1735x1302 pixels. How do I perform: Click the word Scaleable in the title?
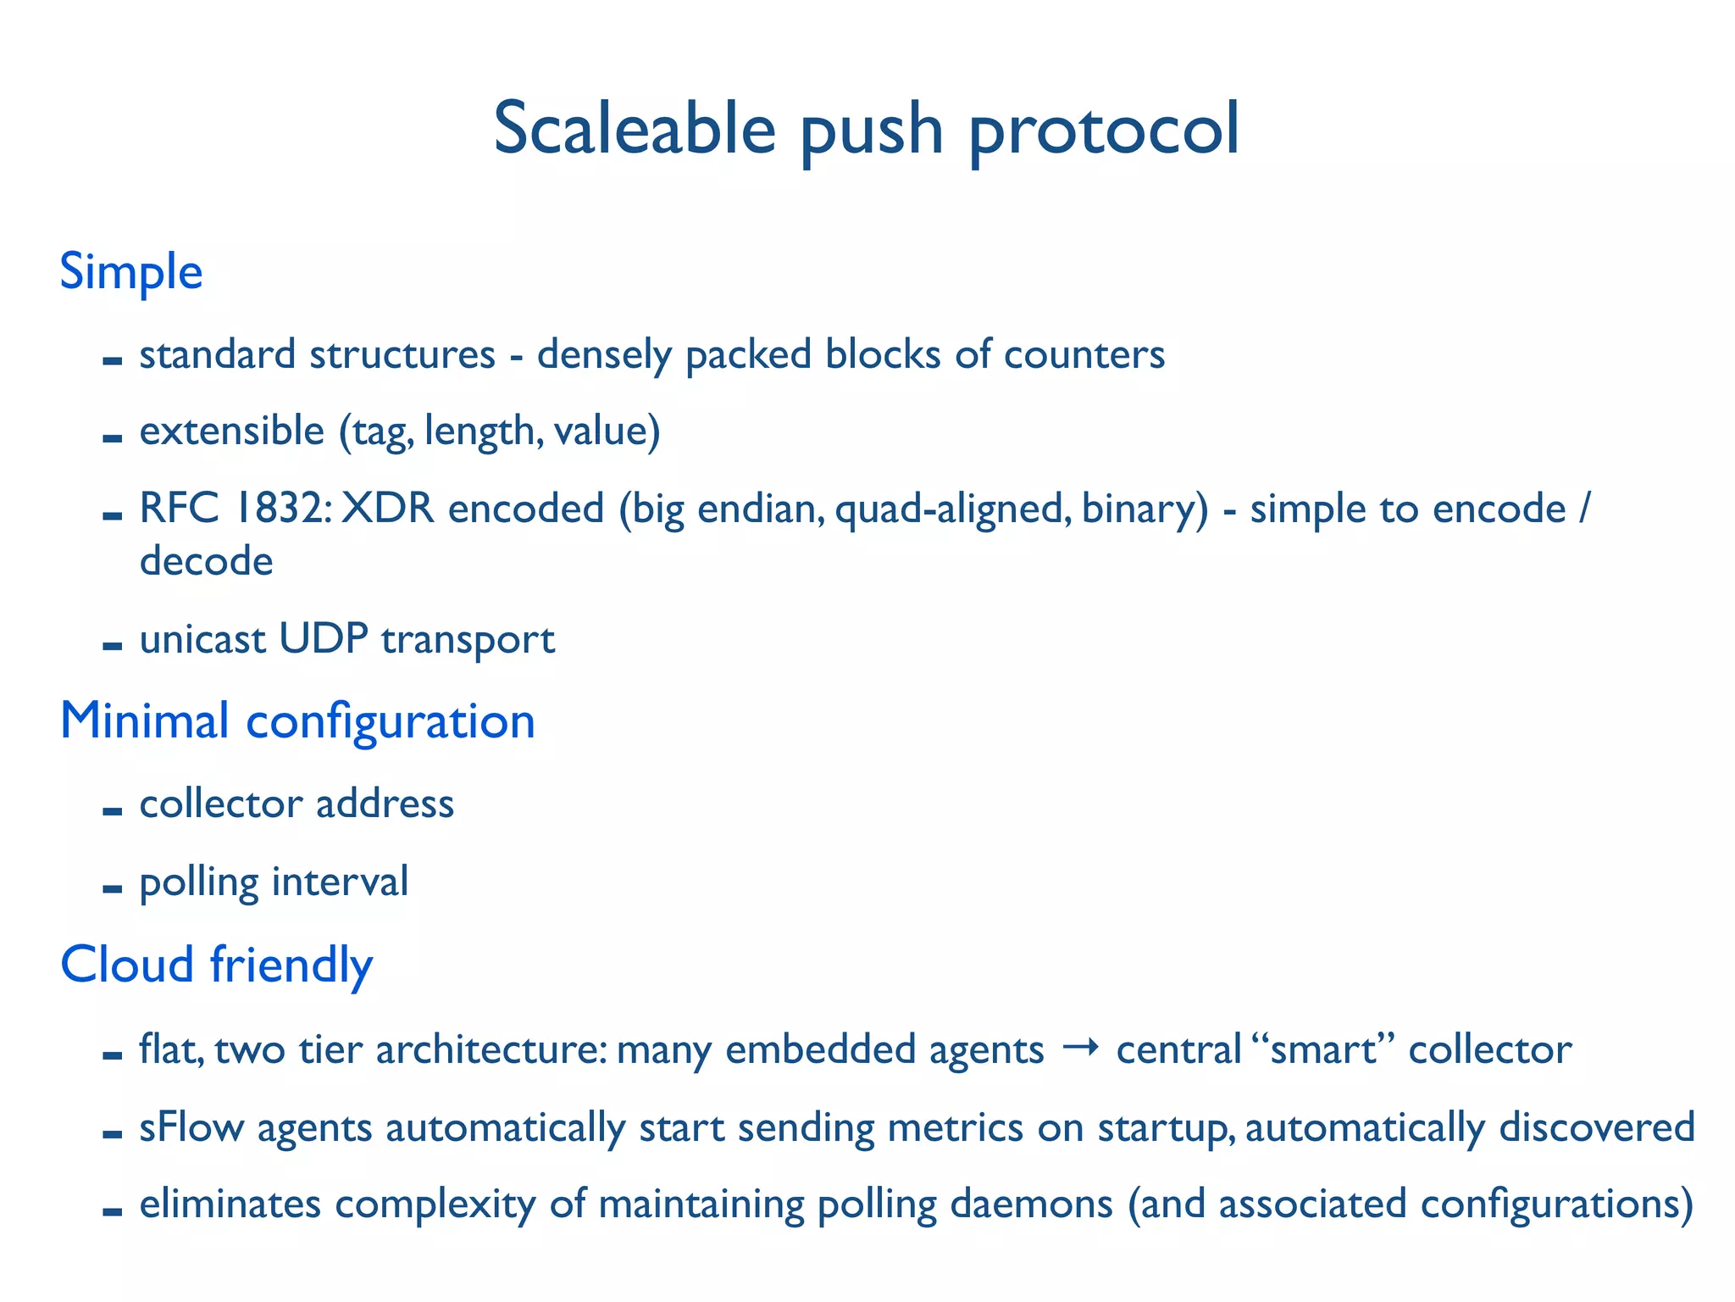click(x=635, y=129)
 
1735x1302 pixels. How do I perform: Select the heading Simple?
click(x=131, y=272)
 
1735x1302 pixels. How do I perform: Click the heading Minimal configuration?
click(x=297, y=722)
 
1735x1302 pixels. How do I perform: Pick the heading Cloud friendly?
click(x=216, y=965)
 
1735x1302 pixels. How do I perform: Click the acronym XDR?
click(x=387, y=509)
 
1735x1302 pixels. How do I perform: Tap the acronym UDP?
click(x=323, y=639)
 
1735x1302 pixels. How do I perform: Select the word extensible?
click(x=231, y=431)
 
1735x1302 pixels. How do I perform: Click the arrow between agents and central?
click(x=1080, y=1049)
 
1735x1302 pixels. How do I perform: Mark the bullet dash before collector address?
click(x=112, y=811)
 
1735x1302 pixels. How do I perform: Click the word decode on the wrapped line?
click(x=206, y=561)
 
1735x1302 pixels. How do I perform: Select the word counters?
click(x=1084, y=354)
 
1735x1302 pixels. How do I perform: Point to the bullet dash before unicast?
click(x=112, y=647)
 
